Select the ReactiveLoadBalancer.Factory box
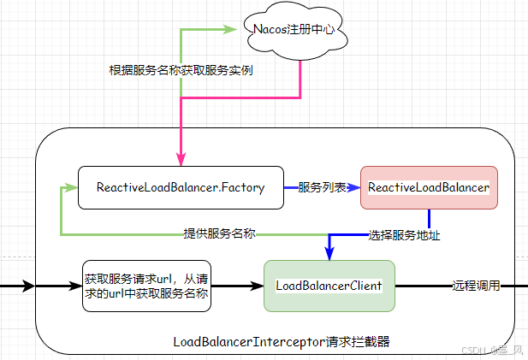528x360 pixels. pos(180,187)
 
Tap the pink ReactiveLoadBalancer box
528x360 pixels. pos(428,187)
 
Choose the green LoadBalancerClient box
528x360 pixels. pos(329,286)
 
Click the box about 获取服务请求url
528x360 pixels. pos(145,286)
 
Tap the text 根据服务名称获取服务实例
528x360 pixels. pos(181,70)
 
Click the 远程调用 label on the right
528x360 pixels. pos(475,286)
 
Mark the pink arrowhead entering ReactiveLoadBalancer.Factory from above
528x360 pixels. pos(181,159)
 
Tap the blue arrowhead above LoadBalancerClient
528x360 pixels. pos(329,253)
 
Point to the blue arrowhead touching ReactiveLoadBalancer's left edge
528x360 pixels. pos(353,187)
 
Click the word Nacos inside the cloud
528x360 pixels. pos(272,29)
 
